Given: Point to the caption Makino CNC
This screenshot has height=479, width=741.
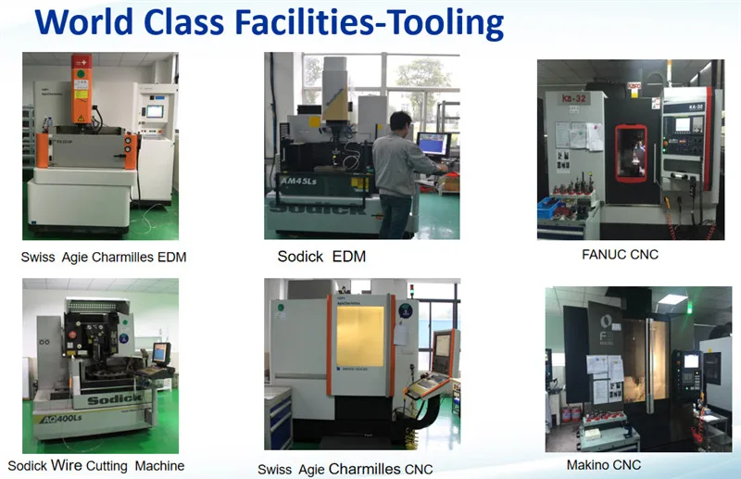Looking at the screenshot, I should [x=604, y=464].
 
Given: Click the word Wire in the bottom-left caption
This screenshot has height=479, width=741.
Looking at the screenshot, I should [x=67, y=465].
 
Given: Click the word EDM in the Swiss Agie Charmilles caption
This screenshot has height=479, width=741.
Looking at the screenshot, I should [x=169, y=258].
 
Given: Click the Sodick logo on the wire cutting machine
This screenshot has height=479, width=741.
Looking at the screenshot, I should [x=114, y=399].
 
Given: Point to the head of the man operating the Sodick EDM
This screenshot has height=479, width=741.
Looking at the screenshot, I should [x=401, y=120].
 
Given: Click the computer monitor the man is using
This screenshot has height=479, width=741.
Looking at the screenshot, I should [x=433, y=144].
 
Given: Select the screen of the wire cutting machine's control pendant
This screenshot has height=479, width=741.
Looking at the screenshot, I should [x=159, y=353].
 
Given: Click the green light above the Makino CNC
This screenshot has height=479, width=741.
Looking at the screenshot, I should [x=673, y=299].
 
